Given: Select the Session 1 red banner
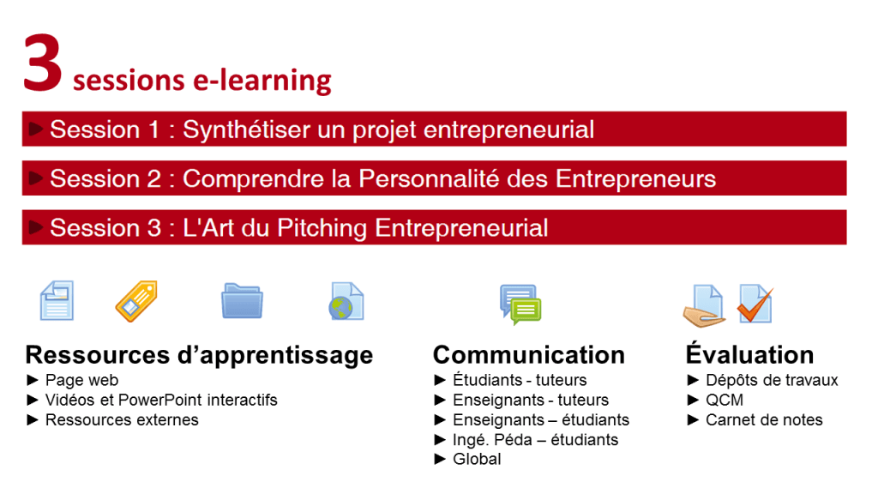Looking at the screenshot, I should pyautogui.click(x=434, y=130).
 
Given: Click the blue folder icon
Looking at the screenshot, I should pyautogui.click(x=242, y=301).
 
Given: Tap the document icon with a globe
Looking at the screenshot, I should pyautogui.click(x=346, y=302).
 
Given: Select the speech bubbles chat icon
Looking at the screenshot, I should pyautogui.click(x=520, y=304).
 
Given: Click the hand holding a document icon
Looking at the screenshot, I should pyautogui.click(x=703, y=305).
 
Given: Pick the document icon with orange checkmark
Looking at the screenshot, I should pyautogui.click(x=755, y=304).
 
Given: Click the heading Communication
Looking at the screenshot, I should pyautogui.click(x=528, y=354).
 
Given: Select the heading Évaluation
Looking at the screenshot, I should pyautogui.click(x=749, y=354).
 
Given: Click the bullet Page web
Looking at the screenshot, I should pyautogui.click(x=81, y=380).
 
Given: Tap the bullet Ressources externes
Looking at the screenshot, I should pyautogui.click(x=122, y=420).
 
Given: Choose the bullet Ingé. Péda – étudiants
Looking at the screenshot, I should pyautogui.click(x=535, y=440).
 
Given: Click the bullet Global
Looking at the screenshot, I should pyautogui.click(x=477, y=460).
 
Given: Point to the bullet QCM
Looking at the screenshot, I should pyautogui.click(x=725, y=401).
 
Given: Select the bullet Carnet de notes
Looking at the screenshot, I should pyautogui.click(x=764, y=420).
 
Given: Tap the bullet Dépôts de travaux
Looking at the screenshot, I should pyautogui.click(x=772, y=380).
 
